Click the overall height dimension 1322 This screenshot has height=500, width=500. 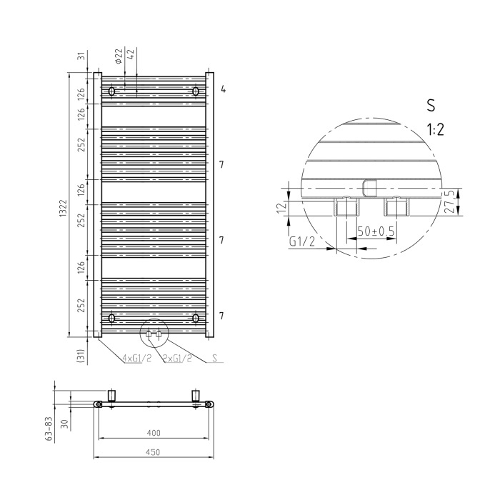[63, 209]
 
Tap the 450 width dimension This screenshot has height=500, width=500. [153, 452]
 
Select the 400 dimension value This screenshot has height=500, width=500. [154, 433]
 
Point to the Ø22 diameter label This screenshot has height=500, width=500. [119, 56]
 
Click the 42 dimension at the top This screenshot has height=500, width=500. [131, 53]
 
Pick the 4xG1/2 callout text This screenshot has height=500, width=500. [137, 358]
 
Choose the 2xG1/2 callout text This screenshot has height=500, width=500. [177, 358]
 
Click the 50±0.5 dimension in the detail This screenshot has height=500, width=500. [376, 231]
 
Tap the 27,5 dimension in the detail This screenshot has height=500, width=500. [449, 202]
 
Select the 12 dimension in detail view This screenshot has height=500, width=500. [282, 208]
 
